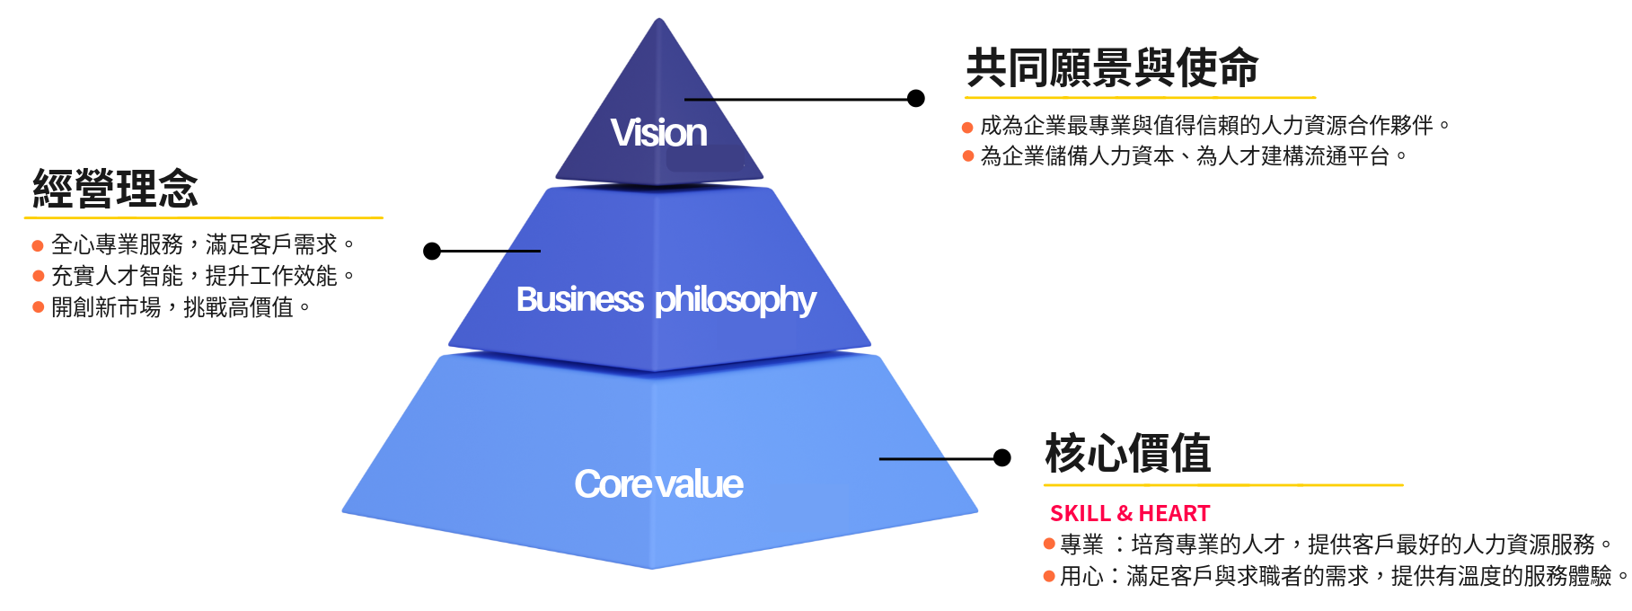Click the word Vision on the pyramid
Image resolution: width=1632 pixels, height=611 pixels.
659,133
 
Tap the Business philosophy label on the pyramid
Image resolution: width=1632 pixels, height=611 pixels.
666,299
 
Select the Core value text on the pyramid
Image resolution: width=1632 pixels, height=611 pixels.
658,484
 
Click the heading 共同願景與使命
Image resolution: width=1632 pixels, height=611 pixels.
1112,68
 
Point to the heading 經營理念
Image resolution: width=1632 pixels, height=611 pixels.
116,189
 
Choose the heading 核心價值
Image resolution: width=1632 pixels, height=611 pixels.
1127,453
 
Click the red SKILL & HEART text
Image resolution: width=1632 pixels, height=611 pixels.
1130,513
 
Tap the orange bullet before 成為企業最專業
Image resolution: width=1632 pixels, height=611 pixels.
967,127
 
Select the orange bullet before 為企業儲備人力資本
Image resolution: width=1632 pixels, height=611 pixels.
967,156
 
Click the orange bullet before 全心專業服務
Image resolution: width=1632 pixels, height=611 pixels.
38,245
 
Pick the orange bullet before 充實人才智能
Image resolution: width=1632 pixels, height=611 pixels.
38,276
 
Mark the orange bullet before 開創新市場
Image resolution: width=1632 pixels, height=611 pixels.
38,307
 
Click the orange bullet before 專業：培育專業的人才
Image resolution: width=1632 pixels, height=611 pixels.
1049,544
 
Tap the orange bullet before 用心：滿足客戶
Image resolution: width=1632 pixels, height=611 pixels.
1049,576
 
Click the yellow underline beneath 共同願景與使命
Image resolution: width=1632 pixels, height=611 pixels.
1140,97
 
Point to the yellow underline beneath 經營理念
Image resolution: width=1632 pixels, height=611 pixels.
203,217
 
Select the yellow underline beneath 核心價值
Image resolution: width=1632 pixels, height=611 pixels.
1223,485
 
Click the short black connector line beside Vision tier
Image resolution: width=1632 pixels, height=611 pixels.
699,99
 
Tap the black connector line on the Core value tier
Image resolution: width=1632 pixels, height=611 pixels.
913,459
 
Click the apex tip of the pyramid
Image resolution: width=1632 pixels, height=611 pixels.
659,20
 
